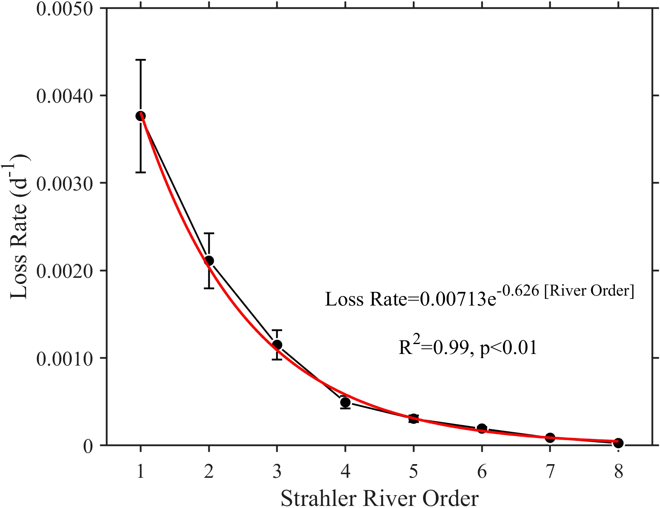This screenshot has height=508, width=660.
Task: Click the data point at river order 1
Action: [x=140, y=116]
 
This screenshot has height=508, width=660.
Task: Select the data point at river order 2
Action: [x=209, y=260]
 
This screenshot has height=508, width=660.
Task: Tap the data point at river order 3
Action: [x=277, y=344]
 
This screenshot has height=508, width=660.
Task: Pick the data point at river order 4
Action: [x=345, y=402]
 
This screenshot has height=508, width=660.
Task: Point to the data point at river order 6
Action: [x=481, y=428]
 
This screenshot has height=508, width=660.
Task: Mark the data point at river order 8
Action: [x=618, y=443]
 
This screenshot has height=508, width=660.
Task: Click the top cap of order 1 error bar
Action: [x=140, y=60]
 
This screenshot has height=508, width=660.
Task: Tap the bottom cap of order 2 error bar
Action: [x=209, y=288]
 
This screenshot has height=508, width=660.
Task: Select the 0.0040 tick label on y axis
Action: [x=64, y=96]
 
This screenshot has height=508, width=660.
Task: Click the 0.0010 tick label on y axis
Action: [x=64, y=359]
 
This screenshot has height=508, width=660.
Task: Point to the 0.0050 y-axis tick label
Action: [x=64, y=9]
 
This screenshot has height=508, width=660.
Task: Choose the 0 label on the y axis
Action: [x=87, y=446]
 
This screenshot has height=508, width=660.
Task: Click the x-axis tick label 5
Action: [x=413, y=472]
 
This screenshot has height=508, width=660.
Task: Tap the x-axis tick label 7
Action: [x=550, y=472]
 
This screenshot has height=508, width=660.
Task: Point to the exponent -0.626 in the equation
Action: [x=519, y=291]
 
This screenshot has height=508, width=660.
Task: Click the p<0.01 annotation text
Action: [x=508, y=348]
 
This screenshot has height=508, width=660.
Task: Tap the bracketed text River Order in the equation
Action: [x=589, y=291]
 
